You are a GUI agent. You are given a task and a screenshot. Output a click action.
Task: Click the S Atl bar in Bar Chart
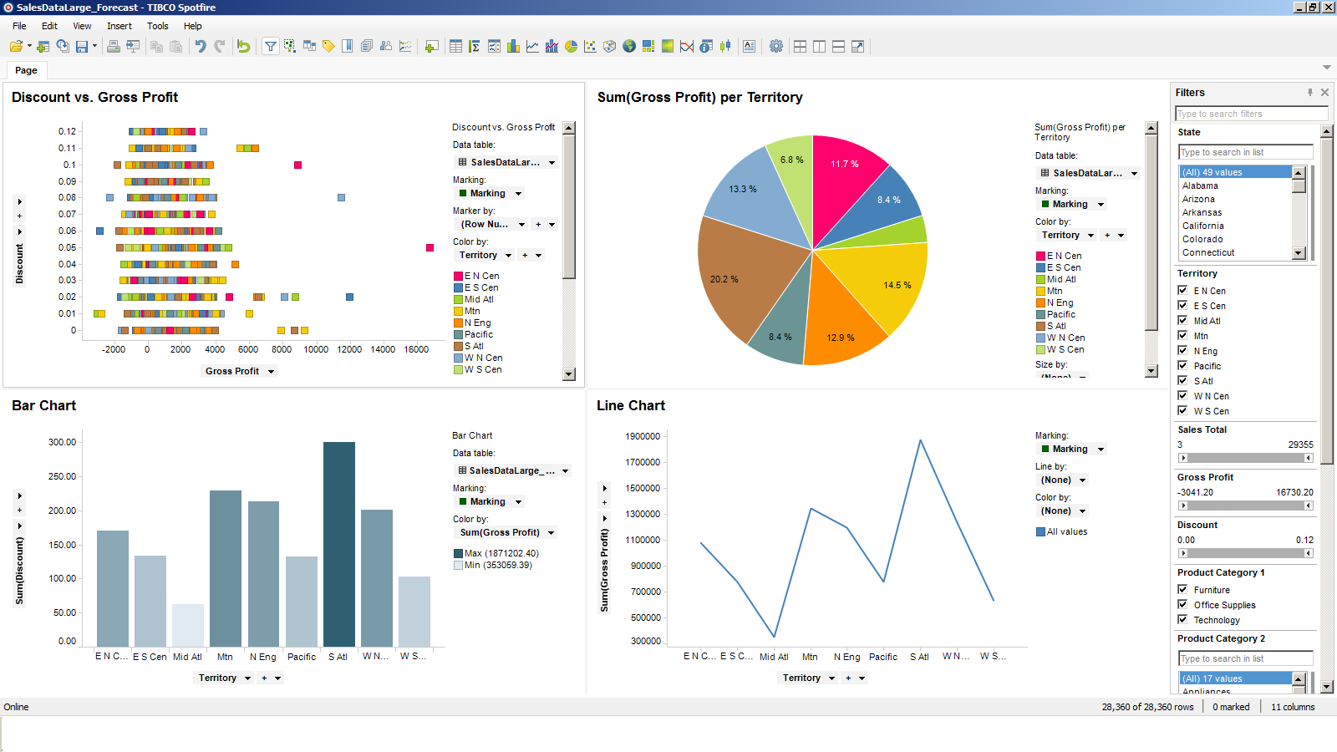tap(338, 543)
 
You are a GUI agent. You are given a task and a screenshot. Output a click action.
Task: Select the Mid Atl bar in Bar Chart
tap(187, 625)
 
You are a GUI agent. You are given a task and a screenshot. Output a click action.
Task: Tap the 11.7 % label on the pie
tap(844, 164)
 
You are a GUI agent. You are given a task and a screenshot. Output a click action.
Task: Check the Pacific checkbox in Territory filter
tap(1182, 366)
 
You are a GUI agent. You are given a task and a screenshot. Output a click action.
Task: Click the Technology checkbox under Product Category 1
tap(1182, 620)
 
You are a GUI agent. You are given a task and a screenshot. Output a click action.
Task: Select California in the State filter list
tap(1202, 226)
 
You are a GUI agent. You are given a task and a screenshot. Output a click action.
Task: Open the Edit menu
tap(49, 26)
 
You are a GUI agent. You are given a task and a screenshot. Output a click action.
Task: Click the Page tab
tap(26, 70)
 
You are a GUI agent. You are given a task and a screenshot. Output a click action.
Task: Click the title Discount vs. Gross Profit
tap(94, 97)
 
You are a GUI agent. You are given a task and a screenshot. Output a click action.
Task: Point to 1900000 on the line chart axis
tap(642, 436)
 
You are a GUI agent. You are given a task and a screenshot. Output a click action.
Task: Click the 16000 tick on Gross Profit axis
tap(416, 349)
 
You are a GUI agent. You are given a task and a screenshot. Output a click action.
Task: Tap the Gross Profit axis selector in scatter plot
tap(239, 371)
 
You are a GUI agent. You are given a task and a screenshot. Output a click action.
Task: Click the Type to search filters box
tap(1250, 114)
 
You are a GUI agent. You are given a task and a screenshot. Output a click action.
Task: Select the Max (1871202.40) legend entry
tap(501, 553)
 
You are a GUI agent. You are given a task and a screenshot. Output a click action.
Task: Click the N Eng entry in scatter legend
tap(477, 323)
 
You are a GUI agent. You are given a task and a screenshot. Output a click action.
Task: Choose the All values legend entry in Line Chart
tap(1066, 531)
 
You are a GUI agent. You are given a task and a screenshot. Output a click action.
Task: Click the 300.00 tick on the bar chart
tap(62, 442)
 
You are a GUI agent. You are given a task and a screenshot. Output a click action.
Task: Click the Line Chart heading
tap(630, 405)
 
